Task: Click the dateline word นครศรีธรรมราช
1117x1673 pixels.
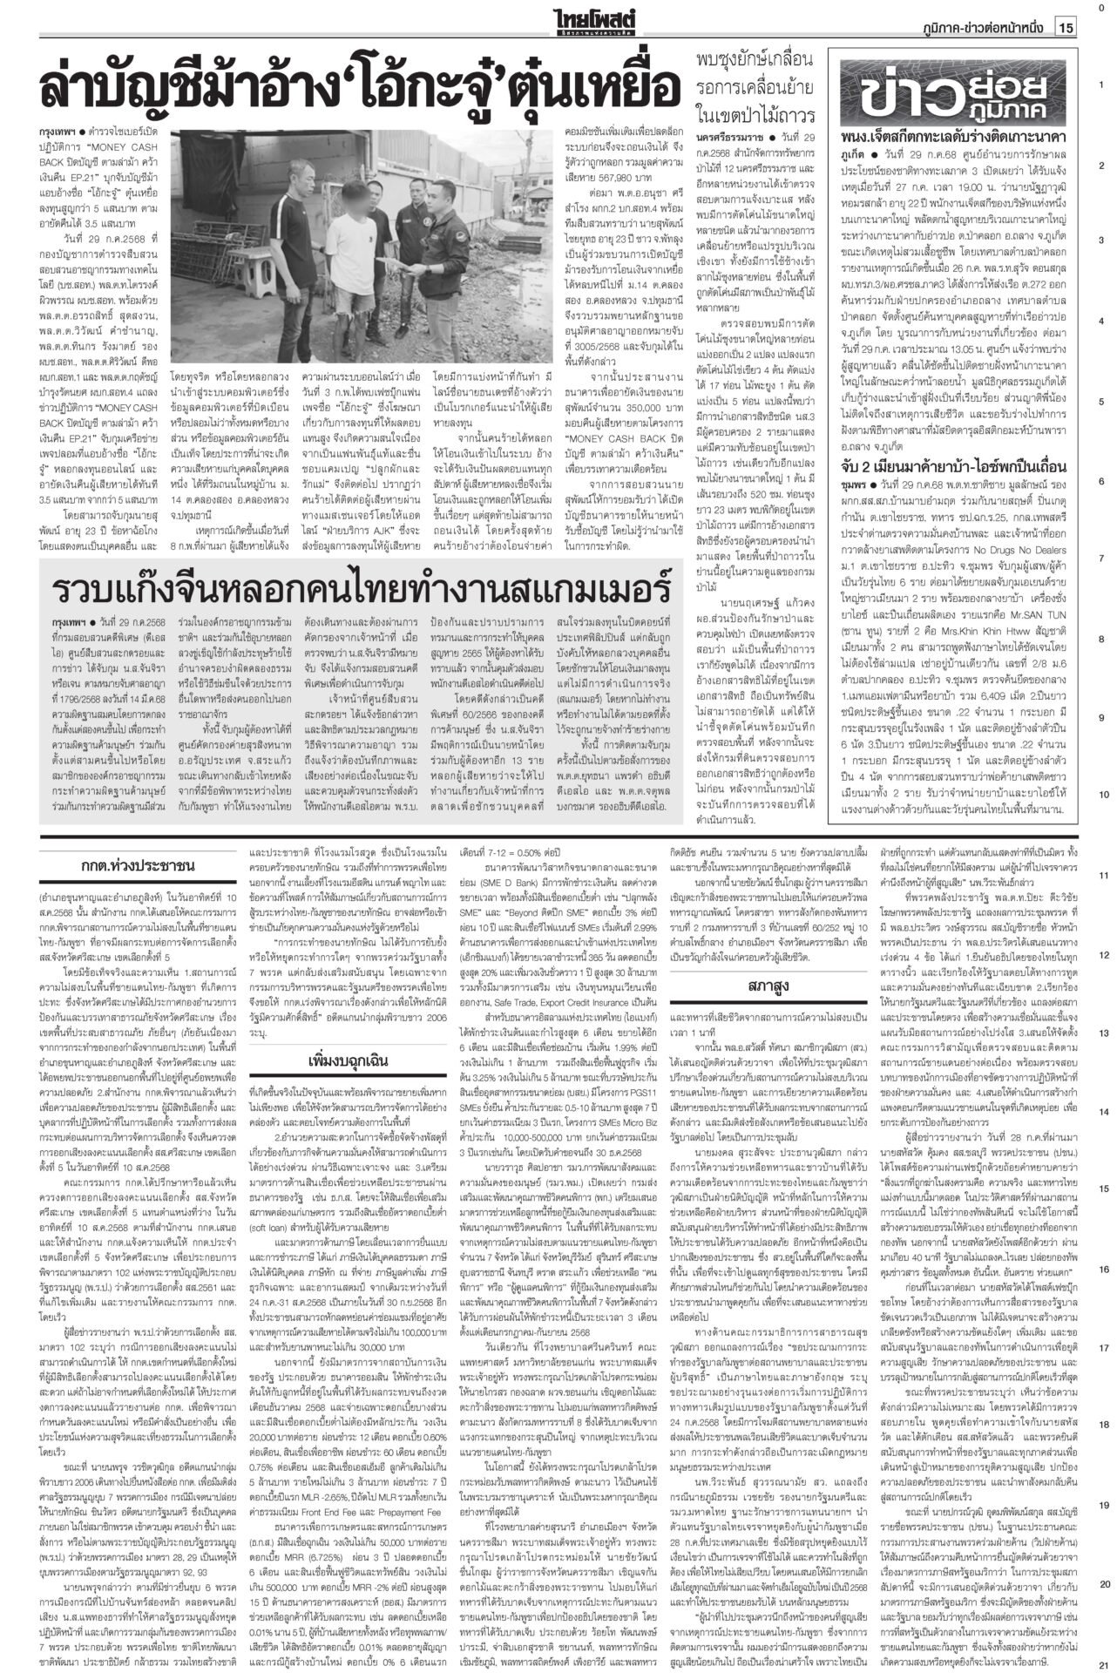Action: [728, 139]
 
